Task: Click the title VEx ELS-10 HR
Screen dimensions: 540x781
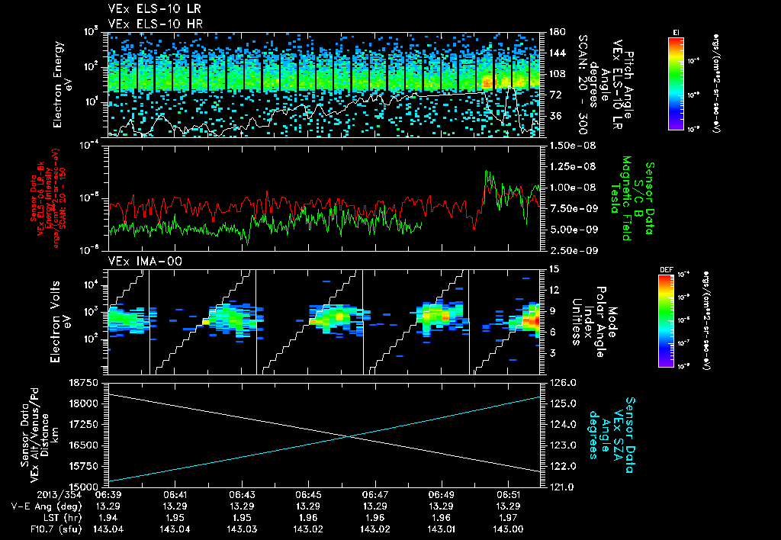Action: pos(148,24)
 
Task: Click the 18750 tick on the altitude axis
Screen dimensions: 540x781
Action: pos(82,381)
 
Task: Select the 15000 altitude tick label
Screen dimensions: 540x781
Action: pos(82,486)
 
